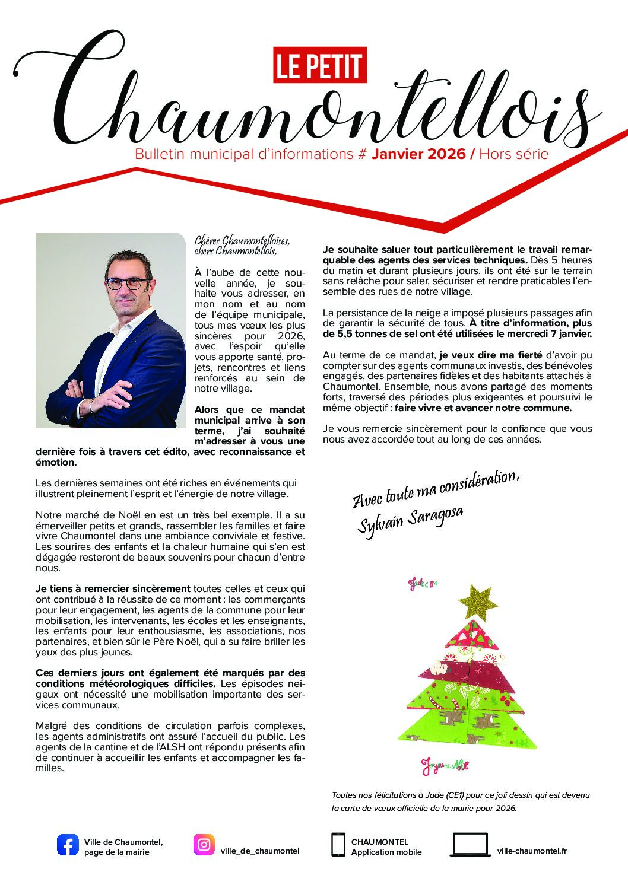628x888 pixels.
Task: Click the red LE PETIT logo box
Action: pyautogui.click(x=319, y=65)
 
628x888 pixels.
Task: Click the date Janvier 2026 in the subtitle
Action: pyautogui.click(x=418, y=154)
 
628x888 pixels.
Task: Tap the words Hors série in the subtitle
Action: pyautogui.click(x=513, y=154)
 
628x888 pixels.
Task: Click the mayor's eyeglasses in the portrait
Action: pyautogui.click(x=128, y=283)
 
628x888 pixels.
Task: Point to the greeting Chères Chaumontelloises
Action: pyautogui.click(x=242, y=241)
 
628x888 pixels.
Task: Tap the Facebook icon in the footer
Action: pyautogui.click(x=68, y=845)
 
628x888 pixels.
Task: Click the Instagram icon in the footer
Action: pyautogui.click(x=204, y=845)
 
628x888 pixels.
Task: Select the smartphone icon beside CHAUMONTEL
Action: pyautogui.click(x=338, y=845)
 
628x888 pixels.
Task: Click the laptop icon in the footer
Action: pyautogui.click(x=470, y=845)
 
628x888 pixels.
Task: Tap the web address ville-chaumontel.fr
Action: pyautogui.click(x=532, y=851)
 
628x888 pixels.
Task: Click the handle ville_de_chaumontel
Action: pyautogui.click(x=259, y=851)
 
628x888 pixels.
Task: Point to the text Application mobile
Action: pyautogui.click(x=386, y=852)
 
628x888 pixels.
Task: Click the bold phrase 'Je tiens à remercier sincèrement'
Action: pyautogui.click(x=113, y=589)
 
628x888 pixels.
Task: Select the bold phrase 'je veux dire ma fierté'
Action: pyautogui.click(x=490, y=355)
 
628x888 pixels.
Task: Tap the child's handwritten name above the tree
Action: pyautogui.click(x=423, y=584)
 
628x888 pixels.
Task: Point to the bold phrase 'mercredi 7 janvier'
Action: pyautogui.click(x=549, y=334)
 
